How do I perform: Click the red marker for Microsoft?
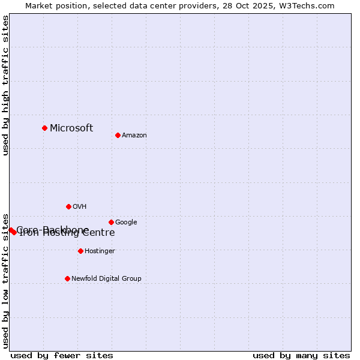pos(44,128)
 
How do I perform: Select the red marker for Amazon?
pos(118,135)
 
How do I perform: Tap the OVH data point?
pos(68,206)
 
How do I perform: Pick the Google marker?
pos(111,222)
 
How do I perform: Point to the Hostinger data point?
pos(80,251)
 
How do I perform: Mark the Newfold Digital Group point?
pos(67,278)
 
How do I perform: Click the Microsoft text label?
pos(71,128)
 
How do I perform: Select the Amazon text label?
pos(134,136)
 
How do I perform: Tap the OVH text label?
pos(80,207)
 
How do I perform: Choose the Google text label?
pos(126,223)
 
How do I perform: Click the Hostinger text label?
pos(100,251)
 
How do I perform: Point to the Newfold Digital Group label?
pos(106,278)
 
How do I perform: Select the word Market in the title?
pos(40,6)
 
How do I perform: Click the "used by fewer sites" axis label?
pos(62,355)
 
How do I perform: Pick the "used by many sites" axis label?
pos(301,355)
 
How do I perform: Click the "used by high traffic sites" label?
pos(6,85)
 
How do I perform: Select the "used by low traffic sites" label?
pos(6,281)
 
